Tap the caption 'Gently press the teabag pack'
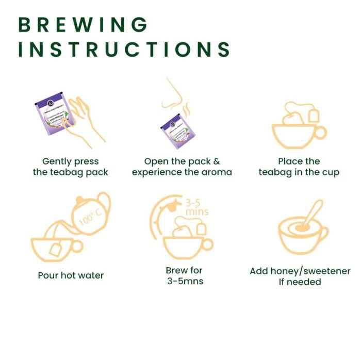(71, 167)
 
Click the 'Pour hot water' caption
(71, 275)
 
